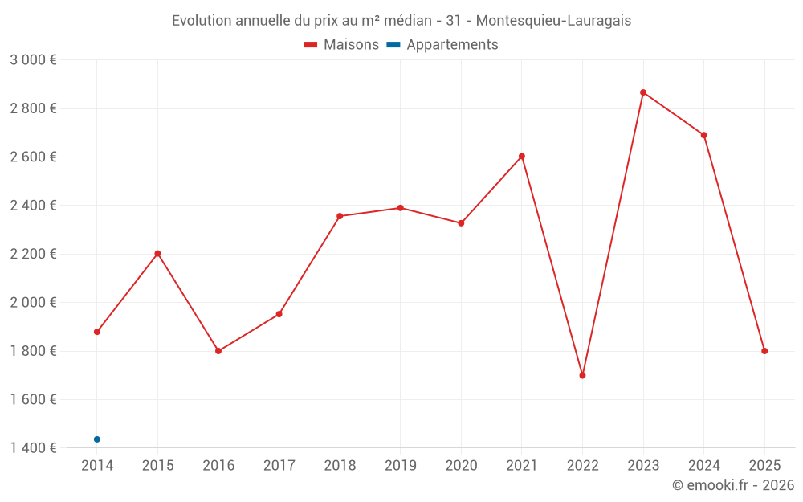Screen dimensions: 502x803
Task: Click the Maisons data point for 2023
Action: [643, 92]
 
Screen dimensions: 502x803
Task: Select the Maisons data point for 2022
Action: [582, 375]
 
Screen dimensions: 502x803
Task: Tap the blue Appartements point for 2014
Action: [97, 439]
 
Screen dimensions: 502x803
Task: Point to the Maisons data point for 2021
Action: [522, 156]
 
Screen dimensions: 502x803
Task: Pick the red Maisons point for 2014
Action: [97, 332]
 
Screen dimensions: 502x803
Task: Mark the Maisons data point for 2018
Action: [340, 216]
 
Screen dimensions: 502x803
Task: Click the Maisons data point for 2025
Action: [764, 351]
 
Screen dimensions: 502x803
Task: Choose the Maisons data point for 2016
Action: [218, 351]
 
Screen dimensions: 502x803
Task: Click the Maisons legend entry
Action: [341, 45]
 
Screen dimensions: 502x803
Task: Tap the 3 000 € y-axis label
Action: [33, 60]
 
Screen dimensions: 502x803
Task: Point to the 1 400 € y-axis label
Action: [33, 448]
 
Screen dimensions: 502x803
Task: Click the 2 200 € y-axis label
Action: [33, 255]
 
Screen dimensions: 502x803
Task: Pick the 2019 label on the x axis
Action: [401, 466]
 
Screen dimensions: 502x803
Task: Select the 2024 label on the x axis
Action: [704, 466]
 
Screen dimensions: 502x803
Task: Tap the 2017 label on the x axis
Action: [279, 466]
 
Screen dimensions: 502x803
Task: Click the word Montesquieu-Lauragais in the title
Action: [554, 21]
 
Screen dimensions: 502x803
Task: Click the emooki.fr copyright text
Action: [733, 485]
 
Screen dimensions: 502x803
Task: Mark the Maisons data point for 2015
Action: [157, 254]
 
